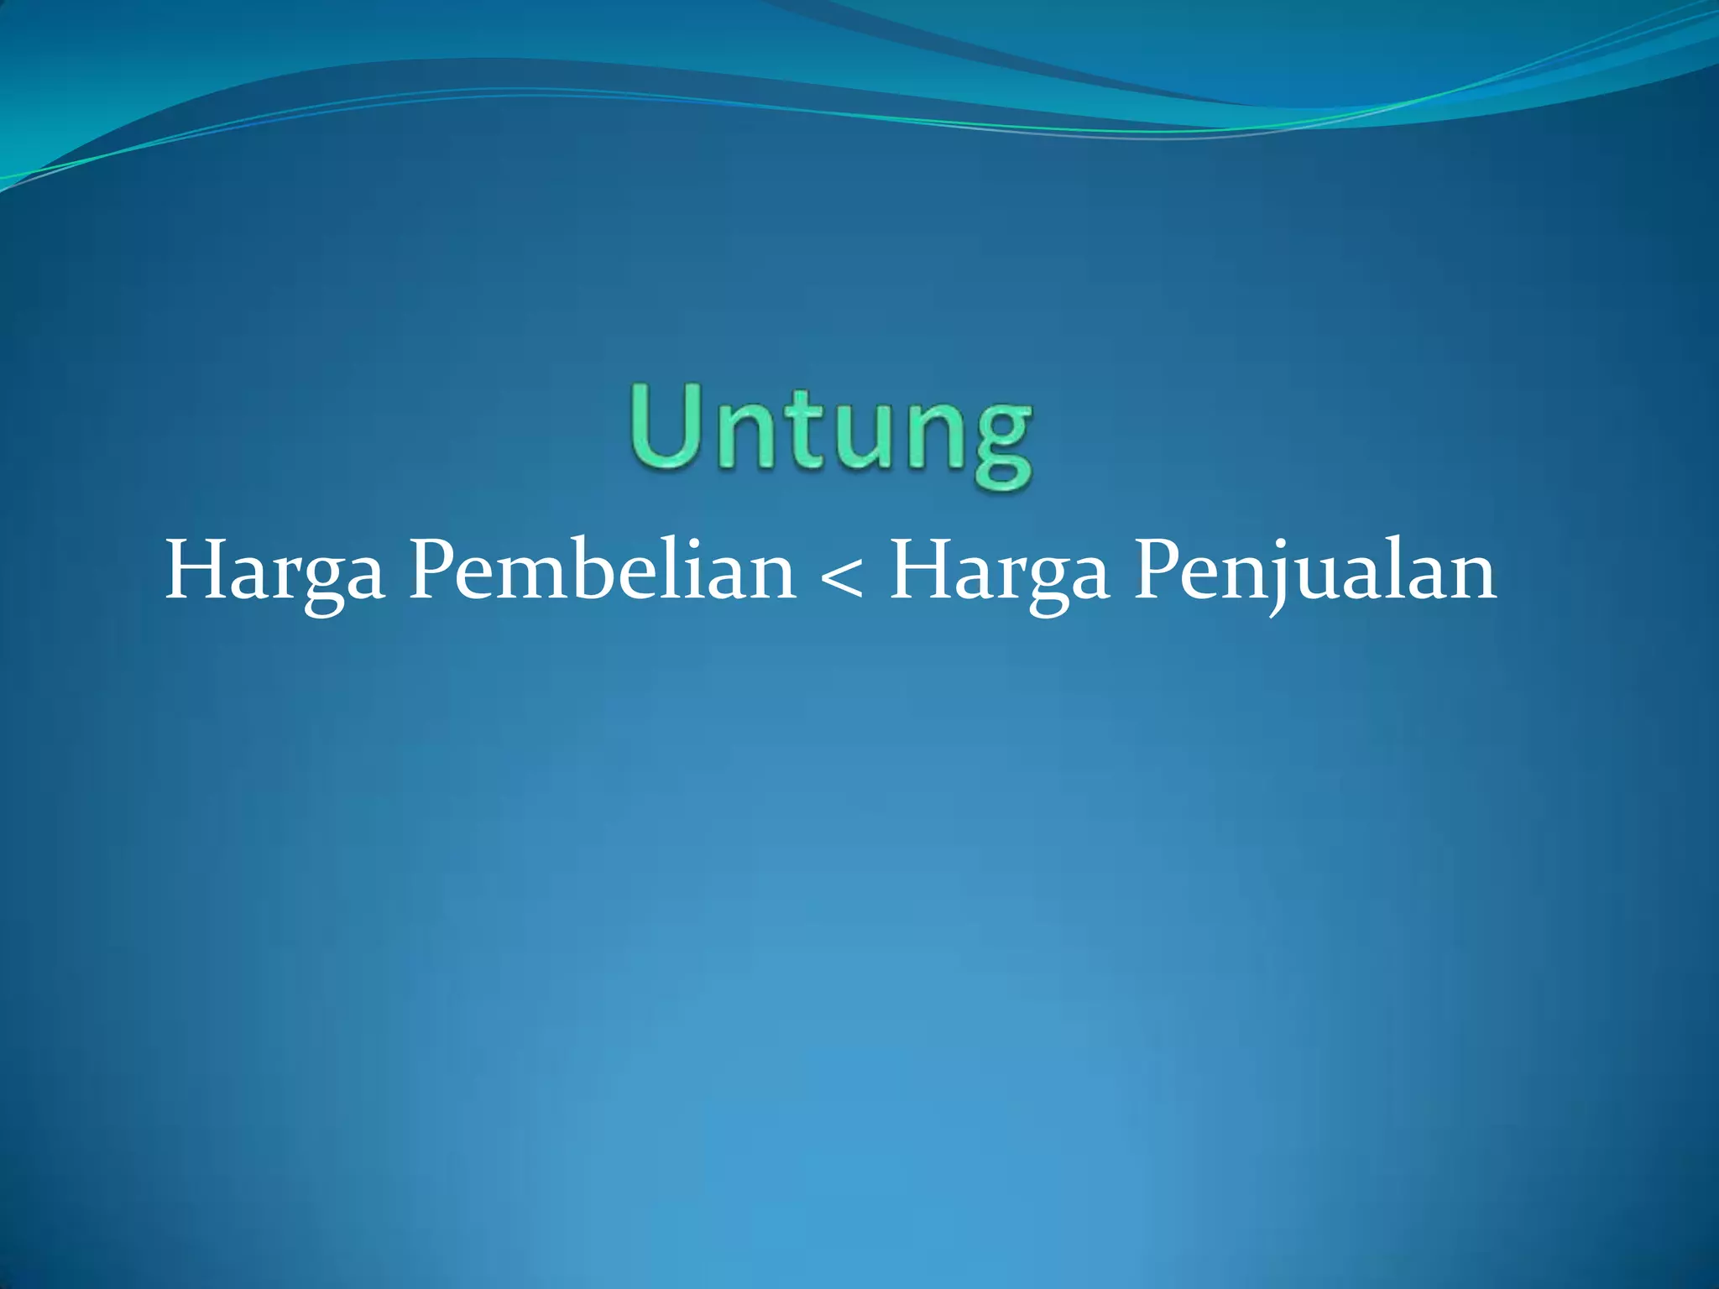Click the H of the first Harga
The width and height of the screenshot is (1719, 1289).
(x=195, y=571)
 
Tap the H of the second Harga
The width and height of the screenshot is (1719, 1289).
(x=920, y=571)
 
